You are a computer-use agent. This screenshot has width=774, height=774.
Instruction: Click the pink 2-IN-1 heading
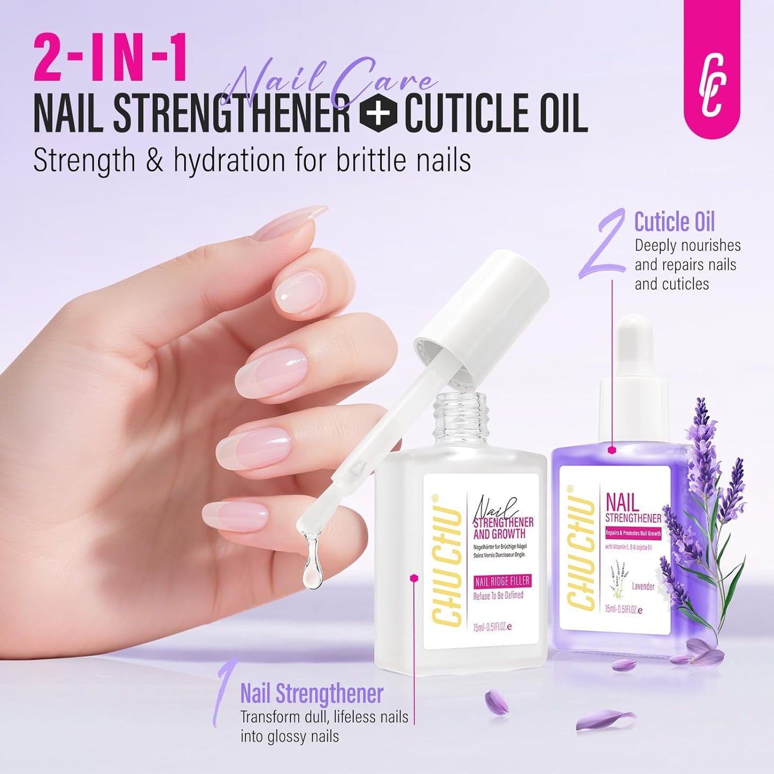click(x=110, y=57)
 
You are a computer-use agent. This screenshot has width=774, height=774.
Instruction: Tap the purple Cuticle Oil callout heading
click(x=674, y=222)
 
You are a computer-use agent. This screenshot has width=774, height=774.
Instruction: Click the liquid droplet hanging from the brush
click(x=310, y=568)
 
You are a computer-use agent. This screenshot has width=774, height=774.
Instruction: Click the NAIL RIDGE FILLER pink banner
click(x=502, y=581)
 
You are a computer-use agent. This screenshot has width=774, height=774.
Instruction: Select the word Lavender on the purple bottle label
click(x=643, y=586)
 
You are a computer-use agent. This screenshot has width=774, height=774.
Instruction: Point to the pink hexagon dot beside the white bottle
click(x=414, y=577)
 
